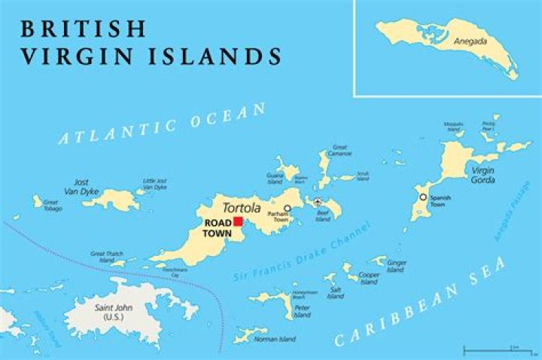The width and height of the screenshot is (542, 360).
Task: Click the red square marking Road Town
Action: point(238,221)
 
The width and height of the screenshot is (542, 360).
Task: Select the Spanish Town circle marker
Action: point(423,197)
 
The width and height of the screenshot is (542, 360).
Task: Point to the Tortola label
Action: point(240,207)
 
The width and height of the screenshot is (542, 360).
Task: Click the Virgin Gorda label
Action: point(483,175)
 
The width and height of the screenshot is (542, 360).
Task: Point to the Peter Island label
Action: point(302,311)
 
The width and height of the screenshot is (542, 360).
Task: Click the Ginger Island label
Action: point(396,266)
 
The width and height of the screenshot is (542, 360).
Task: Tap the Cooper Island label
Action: point(369,279)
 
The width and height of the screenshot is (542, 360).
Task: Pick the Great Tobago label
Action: point(51,205)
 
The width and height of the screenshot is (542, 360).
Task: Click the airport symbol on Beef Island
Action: point(319,202)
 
